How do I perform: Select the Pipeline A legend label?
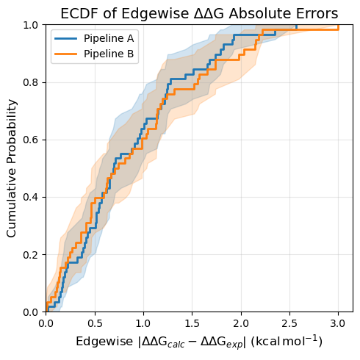(x=109, y=38)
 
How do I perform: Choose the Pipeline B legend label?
(x=109, y=54)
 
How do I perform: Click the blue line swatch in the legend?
(x=65, y=38)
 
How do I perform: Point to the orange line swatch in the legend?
(x=65, y=54)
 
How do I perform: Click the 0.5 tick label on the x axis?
(x=95, y=323)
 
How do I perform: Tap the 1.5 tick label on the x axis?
(x=192, y=323)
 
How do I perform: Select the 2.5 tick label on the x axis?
(x=289, y=323)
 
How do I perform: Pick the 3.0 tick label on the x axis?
(x=338, y=323)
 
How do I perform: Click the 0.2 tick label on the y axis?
(x=31, y=255)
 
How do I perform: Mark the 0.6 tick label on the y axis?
(x=31, y=140)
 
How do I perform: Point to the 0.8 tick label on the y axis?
(x=31, y=82)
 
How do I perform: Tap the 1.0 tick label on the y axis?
(x=31, y=25)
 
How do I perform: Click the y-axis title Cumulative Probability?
(x=11, y=168)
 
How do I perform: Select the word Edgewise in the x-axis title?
(x=104, y=342)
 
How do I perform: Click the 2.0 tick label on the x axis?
(x=241, y=323)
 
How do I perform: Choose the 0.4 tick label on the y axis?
(x=31, y=197)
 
